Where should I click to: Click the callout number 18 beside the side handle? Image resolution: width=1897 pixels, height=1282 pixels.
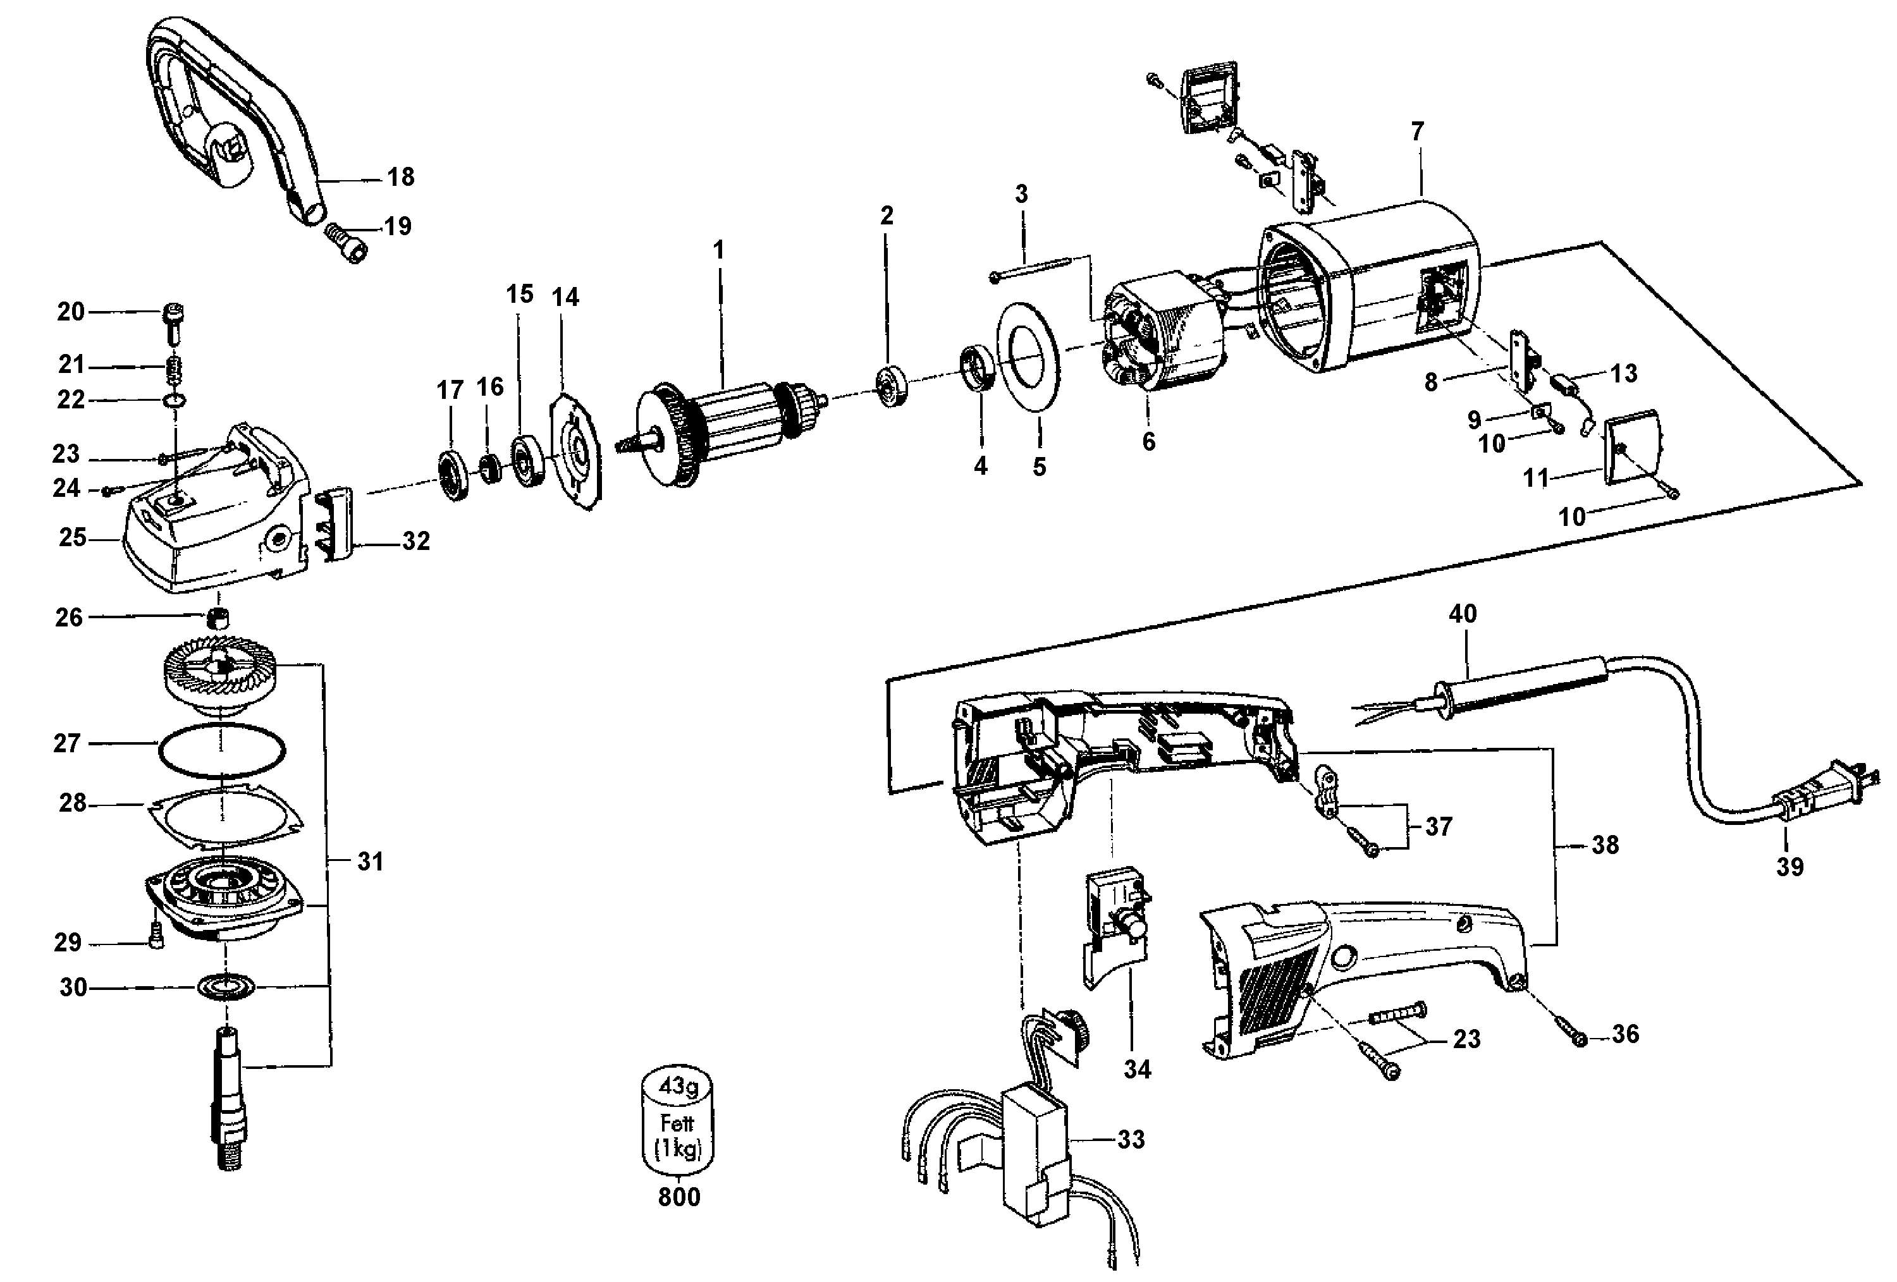tap(400, 176)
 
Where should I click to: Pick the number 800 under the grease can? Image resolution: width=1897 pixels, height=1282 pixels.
tap(679, 1197)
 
